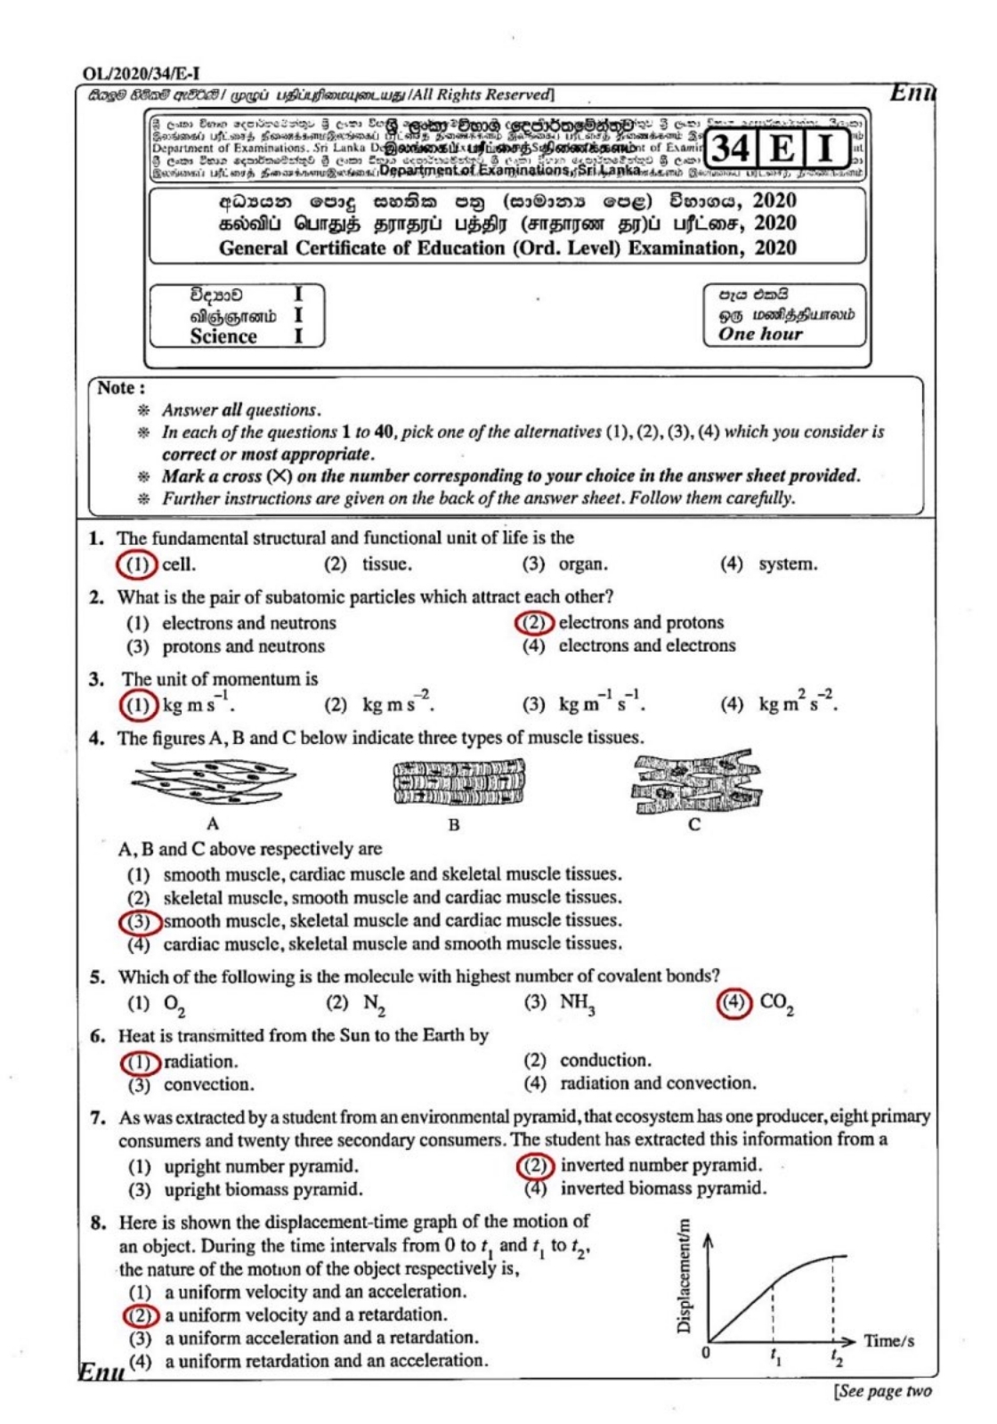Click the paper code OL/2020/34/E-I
pyautogui.click(x=140, y=74)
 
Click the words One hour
pyautogui.click(x=760, y=334)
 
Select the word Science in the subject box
pyautogui.click(x=223, y=336)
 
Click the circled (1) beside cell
pyautogui.click(x=136, y=564)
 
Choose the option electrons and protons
pyautogui.click(x=641, y=623)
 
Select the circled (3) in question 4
pyautogui.click(x=140, y=921)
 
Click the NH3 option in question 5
pyautogui.click(x=577, y=1003)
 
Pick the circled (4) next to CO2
pyautogui.click(x=734, y=1003)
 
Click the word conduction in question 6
pyautogui.click(x=604, y=1061)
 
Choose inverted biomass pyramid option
pyautogui.click(x=662, y=1188)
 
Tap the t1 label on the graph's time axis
pyautogui.click(x=775, y=1356)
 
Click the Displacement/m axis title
pyautogui.click(x=684, y=1276)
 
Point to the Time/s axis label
pyautogui.click(x=888, y=1340)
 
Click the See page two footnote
pyautogui.click(x=882, y=1391)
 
